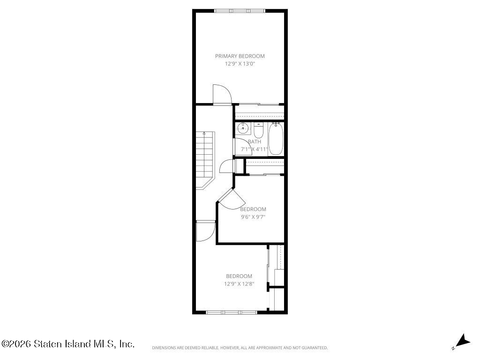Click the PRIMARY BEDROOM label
[x=240, y=56]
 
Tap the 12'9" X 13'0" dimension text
[x=240, y=64]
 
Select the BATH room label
[x=255, y=142]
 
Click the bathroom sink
[x=243, y=128]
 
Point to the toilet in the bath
[x=258, y=130]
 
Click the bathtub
[x=276, y=139]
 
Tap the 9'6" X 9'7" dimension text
[x=253, y=217]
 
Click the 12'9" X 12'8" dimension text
[x=239, y=284]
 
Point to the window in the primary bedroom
[x=240, y=11]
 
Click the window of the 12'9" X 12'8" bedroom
[x=232, y=312]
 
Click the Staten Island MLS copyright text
[x=67, y=344]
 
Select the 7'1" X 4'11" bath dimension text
[x=255, y=150]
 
